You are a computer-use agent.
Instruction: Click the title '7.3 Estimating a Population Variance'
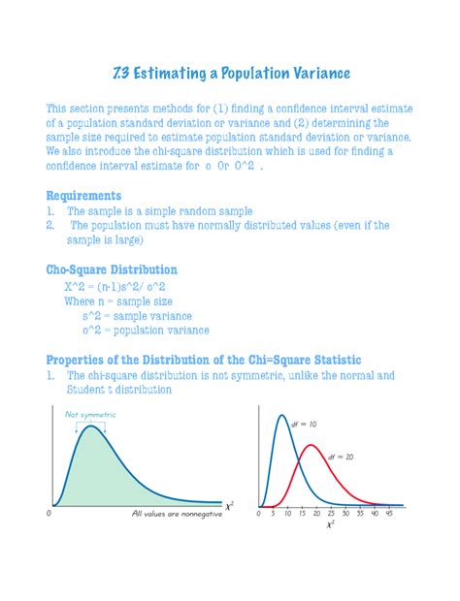tap(229, 75)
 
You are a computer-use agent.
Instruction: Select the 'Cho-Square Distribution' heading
tap(112, 269)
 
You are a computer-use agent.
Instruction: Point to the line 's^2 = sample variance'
tap(137, 316)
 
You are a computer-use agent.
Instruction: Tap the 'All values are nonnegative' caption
tap(177, 515)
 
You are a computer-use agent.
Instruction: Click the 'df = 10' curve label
tap(304, 424)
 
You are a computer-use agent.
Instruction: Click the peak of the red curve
tap(311, 446)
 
